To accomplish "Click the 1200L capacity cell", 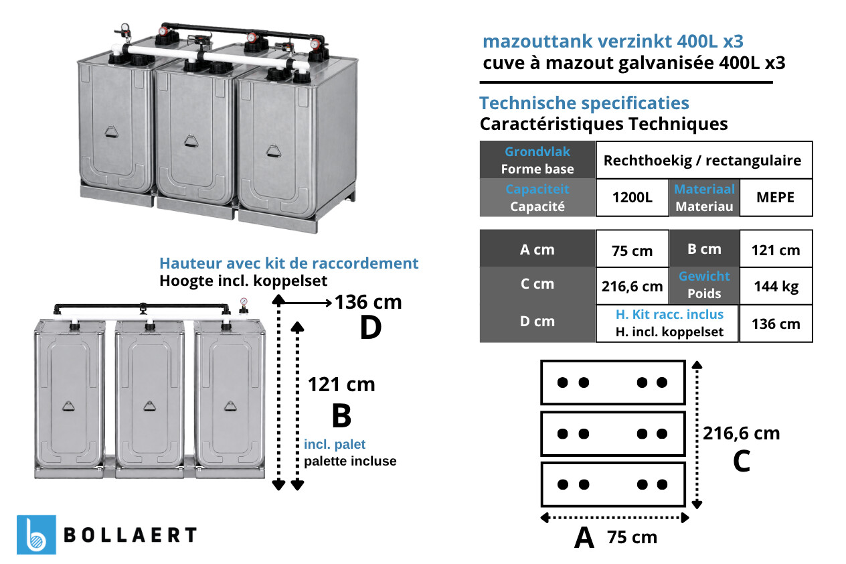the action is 632,198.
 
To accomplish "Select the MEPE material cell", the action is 776,198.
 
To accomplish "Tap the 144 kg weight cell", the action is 776,286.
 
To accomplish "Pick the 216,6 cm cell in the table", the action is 632,286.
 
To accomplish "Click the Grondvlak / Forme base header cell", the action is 537,160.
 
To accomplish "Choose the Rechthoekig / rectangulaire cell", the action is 704,160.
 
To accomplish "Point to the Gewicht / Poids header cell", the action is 704,285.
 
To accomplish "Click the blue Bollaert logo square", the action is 36,535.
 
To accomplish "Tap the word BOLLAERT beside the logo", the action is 131,535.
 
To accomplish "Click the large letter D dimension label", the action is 371,328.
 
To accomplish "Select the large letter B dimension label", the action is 341,416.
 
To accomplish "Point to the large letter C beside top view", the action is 742,461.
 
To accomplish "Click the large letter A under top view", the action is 584,537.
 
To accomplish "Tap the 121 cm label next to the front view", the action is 341,385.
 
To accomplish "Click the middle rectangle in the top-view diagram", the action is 613,433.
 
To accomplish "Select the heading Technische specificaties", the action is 584,103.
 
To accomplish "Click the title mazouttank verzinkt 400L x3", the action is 613,42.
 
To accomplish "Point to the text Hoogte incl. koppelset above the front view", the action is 243,281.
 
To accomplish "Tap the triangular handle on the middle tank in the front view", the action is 149,406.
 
